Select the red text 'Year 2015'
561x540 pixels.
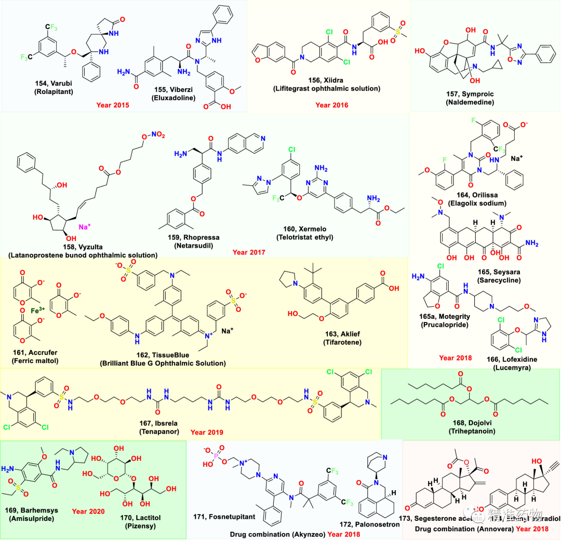tap(112, 105)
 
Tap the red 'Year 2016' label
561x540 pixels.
tap(332, 105)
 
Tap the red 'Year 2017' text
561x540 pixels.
tap(249, 252)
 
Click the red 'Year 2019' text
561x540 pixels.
tap(207, 431)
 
